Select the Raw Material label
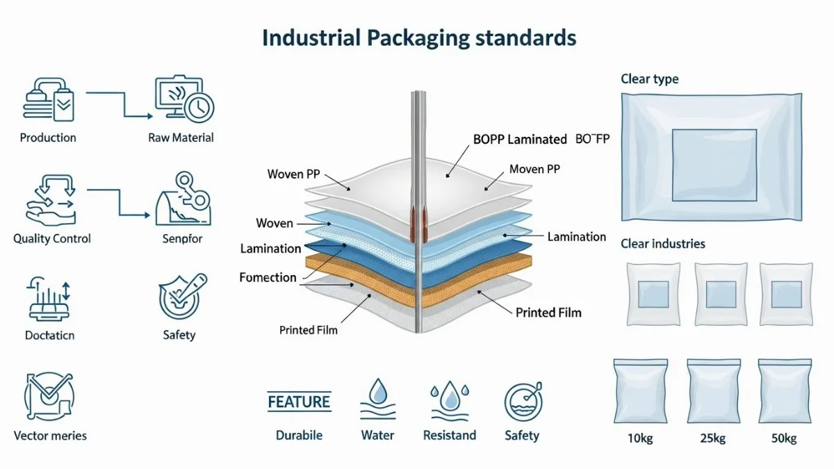point(181,138)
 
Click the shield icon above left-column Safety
point(180,296)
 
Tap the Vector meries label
point(50,436)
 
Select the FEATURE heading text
point(299,402)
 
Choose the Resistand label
point(450,436)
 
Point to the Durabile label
point(299,436)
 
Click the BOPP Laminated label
point(520,139)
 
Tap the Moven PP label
point(534,169)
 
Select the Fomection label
point(268,277)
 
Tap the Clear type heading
point(649,79)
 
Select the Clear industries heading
point(662,244)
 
